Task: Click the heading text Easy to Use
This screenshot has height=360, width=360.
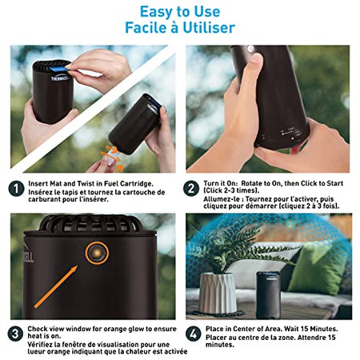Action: tap(180, 12)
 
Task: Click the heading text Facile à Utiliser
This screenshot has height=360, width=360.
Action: tap(180, 28)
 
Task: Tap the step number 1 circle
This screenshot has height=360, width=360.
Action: tap(16, 189)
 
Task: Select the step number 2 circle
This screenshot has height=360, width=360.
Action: tap(191, 189)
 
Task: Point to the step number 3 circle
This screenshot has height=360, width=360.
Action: tap(15, 334)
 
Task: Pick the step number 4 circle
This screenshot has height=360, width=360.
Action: tap(194, 334)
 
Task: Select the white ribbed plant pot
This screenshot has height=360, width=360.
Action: tap(218, 293)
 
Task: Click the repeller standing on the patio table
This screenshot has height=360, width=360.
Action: tap(268, 295)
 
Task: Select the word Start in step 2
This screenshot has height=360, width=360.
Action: tap(335, 183)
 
